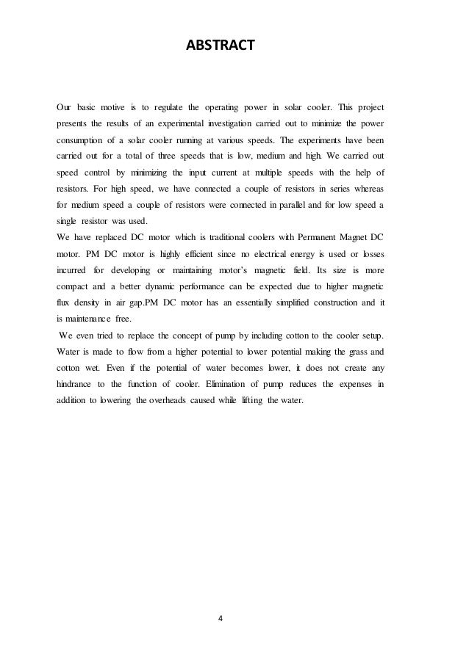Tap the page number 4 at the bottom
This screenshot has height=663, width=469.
[x=220, y=617]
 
